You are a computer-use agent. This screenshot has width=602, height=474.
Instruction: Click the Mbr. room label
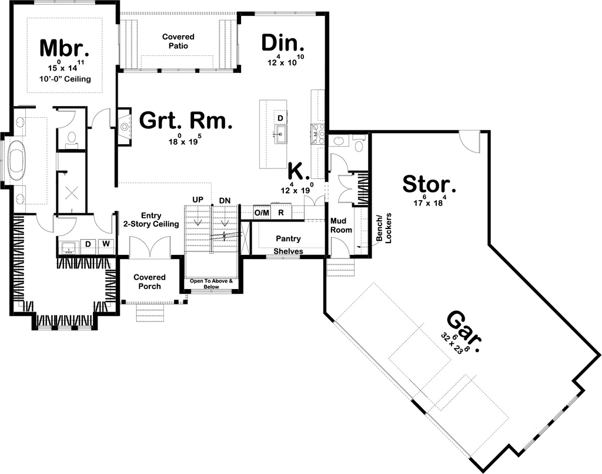click(x=65, y=48)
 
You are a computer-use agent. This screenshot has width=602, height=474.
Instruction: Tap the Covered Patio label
click(x=178, y=41)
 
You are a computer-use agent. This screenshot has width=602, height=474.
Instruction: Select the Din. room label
click(x=283, y=43)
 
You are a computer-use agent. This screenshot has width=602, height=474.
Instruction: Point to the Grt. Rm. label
click(x=186, y=121)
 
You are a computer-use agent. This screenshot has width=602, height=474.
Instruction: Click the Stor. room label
click(x=429, y=184)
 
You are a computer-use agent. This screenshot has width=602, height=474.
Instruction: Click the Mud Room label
click(x=341, y=226)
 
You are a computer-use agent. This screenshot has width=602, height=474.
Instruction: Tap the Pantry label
click(x=288, y=238)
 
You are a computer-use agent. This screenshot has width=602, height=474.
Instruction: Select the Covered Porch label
click(x=149, y=282)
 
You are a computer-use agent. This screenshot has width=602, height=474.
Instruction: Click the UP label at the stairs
click(x=198, y=200)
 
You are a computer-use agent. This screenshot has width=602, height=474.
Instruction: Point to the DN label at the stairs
click(x=225, y=201)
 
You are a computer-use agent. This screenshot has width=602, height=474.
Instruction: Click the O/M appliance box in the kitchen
click(x=262, y=213)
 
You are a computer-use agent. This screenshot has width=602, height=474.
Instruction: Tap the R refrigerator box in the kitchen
click(x=281, y=213)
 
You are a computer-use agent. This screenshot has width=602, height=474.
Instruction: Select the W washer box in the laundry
click(x=106, y=244)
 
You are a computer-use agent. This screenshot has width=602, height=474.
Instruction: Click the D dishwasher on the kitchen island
click(x=280, y=118)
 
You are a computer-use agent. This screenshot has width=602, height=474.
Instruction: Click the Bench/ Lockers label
click(x=384, y=228)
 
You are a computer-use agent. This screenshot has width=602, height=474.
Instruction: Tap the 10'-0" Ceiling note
click(x=65, y=79)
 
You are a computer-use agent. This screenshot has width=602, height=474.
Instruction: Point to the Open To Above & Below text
click(x=211, y=284)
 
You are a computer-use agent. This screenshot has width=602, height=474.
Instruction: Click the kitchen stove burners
click(x=319, y=134)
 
